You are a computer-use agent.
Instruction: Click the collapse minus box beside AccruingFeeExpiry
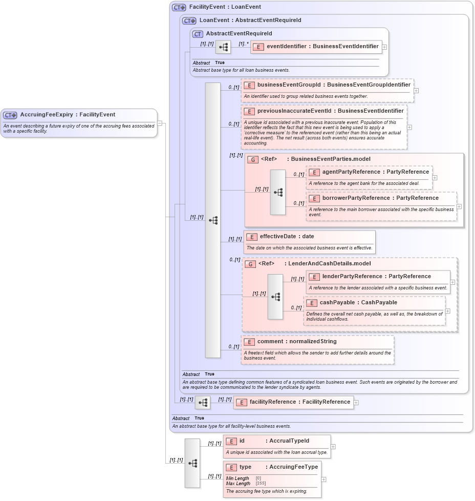click(160, 123)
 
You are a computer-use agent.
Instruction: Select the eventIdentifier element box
click(316, 47)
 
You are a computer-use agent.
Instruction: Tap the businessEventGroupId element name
click(290, 85)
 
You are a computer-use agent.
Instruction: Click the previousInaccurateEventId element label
click(289, 111)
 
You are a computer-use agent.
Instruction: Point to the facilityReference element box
click(293, 402)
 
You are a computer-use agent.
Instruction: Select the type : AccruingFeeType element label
click(278, 467)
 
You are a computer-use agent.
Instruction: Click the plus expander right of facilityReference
click(356, 403)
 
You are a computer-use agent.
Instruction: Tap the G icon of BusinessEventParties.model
click(252, 159)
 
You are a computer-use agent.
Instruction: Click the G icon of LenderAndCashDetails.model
click(250, 264)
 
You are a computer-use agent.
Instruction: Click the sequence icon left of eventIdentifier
click(223, 47)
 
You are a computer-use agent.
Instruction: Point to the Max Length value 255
click(261, 484)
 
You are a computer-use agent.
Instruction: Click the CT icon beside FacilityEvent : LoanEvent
click(178, 7)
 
